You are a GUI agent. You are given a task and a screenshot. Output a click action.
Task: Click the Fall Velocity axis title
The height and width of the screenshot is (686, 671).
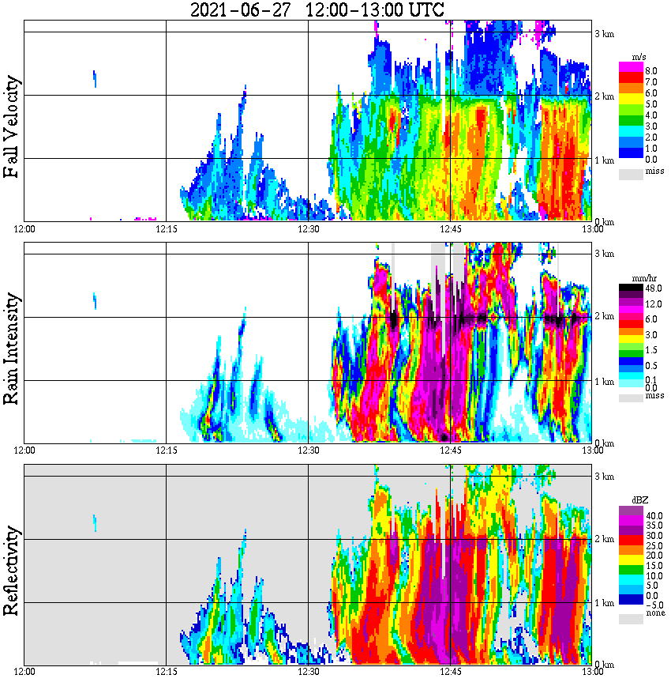pos(12,126)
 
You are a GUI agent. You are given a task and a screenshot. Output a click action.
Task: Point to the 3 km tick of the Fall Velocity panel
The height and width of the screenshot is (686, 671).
pos(604,33)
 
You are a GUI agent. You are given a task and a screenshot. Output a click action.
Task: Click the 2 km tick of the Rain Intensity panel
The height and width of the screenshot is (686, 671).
pos(604,317)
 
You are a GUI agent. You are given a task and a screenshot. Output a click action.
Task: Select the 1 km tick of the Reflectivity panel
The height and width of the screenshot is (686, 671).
pos(604,603)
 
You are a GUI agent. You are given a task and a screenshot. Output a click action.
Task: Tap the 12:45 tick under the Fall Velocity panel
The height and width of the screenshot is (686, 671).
pos(450,229)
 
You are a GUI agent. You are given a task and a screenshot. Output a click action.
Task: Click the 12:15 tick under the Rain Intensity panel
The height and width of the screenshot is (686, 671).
pos(166,450)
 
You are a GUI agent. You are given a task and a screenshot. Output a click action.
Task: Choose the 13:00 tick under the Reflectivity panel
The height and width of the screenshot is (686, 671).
pos(592,673)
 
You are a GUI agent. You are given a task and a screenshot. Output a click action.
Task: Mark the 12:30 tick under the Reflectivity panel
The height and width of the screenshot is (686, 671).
pos(308,673)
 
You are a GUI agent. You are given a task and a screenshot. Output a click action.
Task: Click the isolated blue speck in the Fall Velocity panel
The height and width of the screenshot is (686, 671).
pos(95,79)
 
